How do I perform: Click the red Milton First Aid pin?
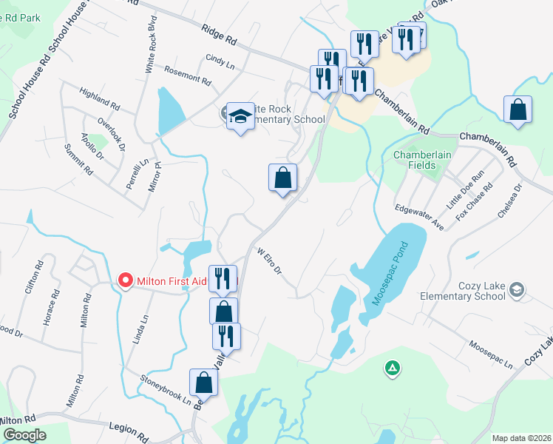click(x=126, y=280)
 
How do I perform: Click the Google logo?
click(x=25, y=435)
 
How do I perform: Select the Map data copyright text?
click(x=521, y=438)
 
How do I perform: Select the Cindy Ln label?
click(x=220, y=62)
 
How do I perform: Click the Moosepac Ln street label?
click(x=490, y=354)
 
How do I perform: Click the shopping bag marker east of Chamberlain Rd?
click(x=518, y=110)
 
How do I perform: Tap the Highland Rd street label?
click(x=99, y=98)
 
